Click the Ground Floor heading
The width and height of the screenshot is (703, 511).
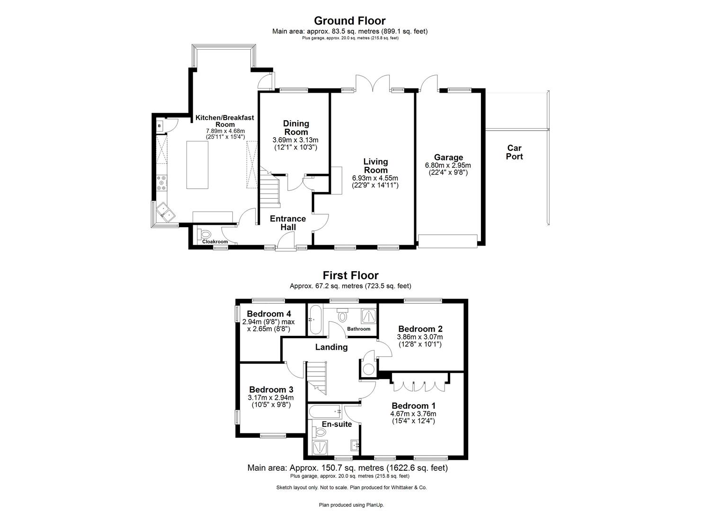tap(350, 21)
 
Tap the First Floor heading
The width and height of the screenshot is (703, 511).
tap(350, 275)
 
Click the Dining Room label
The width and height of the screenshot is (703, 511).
tap(296, 128)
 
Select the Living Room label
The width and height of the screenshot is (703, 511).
tap(375, 166)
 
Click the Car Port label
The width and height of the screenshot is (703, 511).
tap(514, 152)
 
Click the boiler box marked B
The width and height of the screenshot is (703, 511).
tap(160, 126)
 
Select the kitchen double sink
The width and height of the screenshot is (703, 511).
tap(165, 211)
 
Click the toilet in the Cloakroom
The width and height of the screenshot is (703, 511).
tap(205, 234)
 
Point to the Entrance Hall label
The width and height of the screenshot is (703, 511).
tap(288, 223)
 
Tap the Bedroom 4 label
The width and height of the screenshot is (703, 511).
tap(269, 314)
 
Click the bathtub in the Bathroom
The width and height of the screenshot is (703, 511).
tap(315, 320)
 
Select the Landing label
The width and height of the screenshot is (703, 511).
tap(331, 347)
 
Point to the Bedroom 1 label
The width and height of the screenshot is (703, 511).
tap(413, 406)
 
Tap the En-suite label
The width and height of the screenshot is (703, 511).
tap(337, 424)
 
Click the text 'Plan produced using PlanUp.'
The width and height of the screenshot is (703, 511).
tap(351, 505)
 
